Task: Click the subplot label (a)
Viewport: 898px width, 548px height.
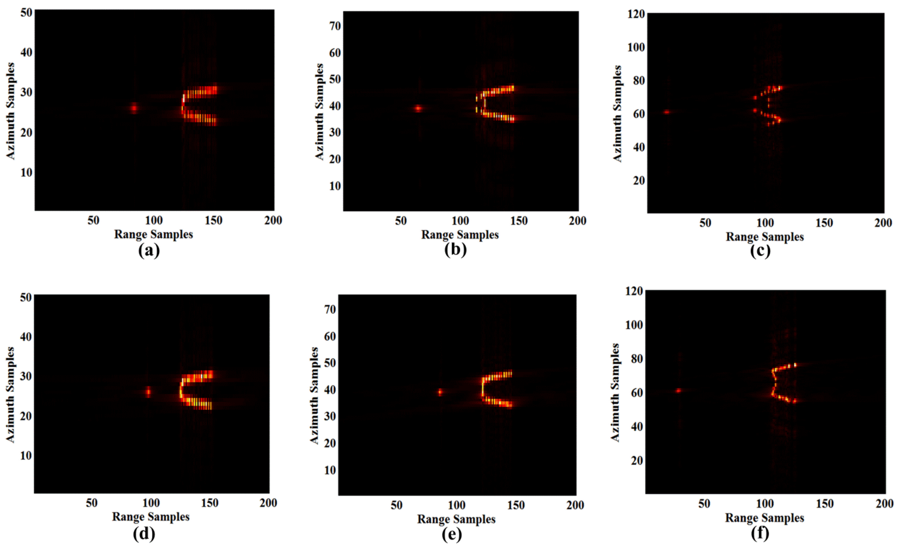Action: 149,250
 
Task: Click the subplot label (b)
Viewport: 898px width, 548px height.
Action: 455,250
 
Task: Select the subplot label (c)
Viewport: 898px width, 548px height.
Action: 760,251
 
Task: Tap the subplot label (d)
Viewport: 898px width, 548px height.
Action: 144,533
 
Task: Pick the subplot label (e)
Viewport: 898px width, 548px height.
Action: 452,534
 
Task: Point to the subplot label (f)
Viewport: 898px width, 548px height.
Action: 760,533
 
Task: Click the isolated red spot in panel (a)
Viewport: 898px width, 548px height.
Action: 134,108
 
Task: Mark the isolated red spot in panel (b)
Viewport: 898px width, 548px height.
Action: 418,108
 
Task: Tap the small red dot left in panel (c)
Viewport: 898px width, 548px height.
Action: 667,112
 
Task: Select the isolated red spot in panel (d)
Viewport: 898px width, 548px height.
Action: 148,392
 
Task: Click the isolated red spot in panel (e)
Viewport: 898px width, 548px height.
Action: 440,392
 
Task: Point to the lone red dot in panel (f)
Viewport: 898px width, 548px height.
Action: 679,390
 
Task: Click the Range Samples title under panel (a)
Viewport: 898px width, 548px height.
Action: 154,235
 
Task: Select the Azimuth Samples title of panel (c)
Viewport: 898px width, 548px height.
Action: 617,114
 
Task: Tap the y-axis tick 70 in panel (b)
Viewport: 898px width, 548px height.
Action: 335,26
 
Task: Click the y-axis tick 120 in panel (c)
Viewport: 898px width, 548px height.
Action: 636,14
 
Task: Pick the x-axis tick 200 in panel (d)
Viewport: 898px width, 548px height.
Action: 268,503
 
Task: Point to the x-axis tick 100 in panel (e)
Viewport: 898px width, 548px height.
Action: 457,505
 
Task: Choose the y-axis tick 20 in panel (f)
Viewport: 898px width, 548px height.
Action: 637,461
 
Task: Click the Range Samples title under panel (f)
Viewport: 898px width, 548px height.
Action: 765,518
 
